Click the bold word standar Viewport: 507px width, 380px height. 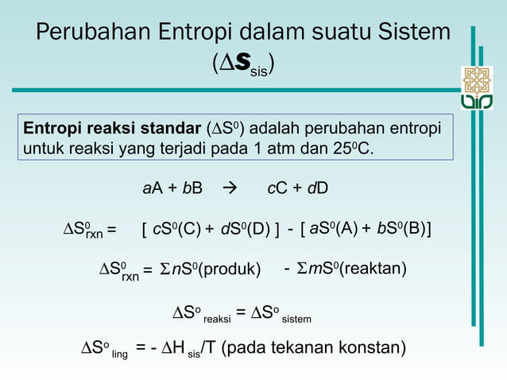173,129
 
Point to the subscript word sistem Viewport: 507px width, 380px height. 298,320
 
